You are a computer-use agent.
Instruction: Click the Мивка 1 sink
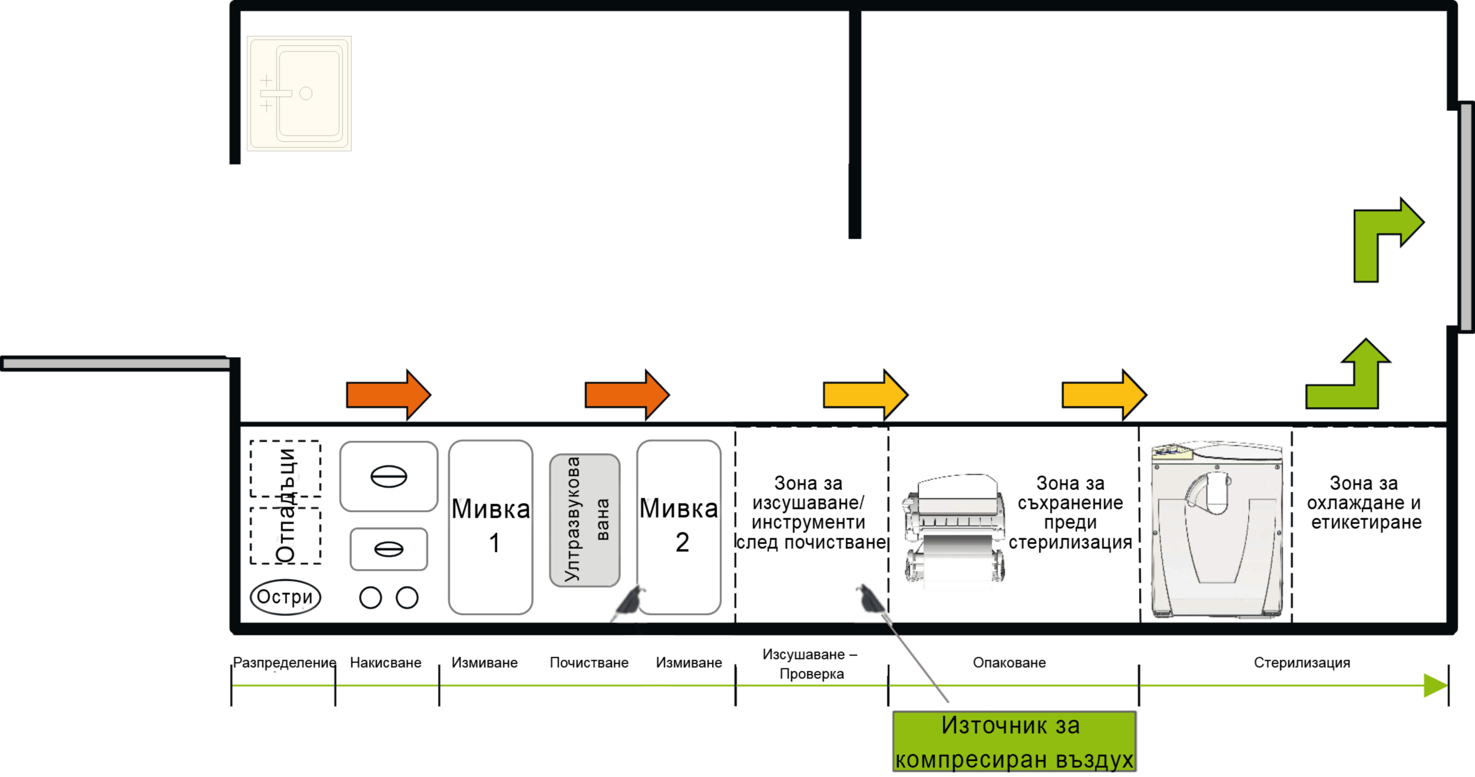(x=491, y=527)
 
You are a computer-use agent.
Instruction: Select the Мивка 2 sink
(x=679, y=527)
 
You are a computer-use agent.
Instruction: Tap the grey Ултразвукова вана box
(x=584, y=520)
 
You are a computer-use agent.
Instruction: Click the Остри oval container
(x=285, y=597)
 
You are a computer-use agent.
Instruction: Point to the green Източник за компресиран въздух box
(x=1014, y=742)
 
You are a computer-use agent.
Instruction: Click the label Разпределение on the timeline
(x=285, y=662)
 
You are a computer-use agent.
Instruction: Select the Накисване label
(x=385, y=663)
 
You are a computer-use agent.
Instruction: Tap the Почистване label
(x=589, y=663)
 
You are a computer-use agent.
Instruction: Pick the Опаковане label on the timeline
(x=1009, y=663)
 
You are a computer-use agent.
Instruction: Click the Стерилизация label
(x=1302, y=663)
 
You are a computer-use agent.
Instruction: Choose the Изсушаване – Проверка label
(x=811, y=664)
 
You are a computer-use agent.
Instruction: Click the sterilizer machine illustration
(x=1217, y=530)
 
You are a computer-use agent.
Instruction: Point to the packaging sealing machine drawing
(x=954, y=530)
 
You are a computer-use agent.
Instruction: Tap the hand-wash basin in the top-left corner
(x=299, y=94)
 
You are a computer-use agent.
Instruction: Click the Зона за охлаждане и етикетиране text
(x=1364, y=503)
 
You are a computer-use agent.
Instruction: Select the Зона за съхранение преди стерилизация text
(x=1070, y=513)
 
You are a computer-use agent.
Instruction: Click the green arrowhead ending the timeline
(x=1435, y=686)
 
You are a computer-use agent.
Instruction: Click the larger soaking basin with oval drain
(x=389, y=476)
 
